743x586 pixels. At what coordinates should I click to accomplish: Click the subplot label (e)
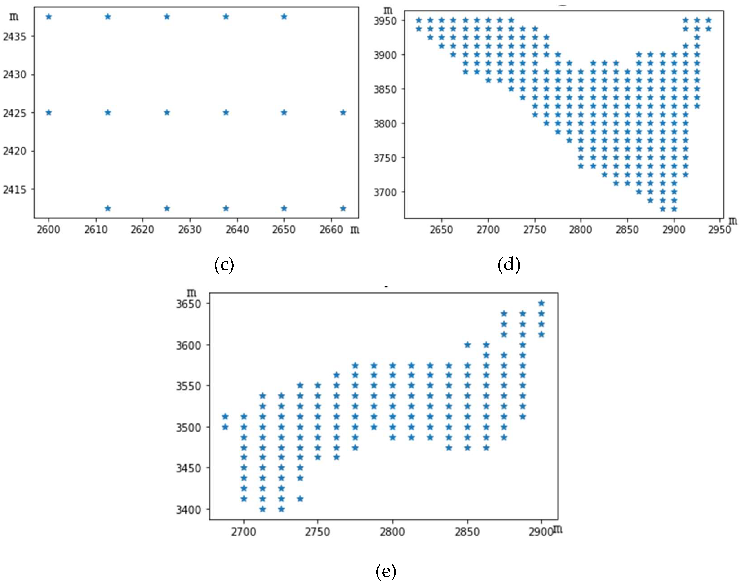[x=386, y=571]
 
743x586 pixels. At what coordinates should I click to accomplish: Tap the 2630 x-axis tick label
[x=189, y=229]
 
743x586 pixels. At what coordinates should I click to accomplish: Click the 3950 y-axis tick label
[x=385, y=21]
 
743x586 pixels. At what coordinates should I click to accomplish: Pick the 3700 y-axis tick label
[x=385, y=192]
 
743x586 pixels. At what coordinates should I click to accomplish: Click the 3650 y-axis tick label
[x=188, y=304]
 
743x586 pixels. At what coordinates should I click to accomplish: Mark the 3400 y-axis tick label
[x=188, y=510]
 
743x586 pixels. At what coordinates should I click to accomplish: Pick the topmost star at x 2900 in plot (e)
[x=541, y=303]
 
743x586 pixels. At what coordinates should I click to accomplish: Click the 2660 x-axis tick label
[x=331, y=229]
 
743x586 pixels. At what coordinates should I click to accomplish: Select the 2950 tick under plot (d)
[x=720, y=229]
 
